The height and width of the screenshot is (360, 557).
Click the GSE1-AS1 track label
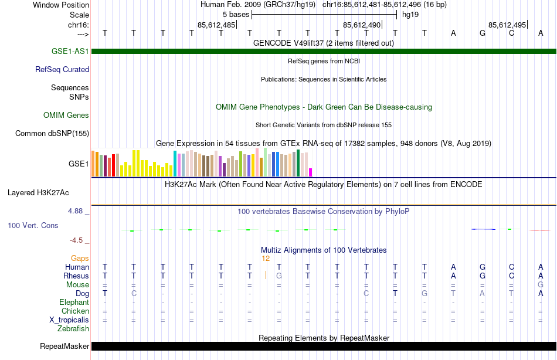pos(70,51)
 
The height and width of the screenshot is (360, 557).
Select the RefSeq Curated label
pos(62,69)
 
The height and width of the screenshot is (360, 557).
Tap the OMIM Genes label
pos(66,115)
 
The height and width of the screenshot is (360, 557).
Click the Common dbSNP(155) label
pos(52,133)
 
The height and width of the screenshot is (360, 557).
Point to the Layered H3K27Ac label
pos(38,192)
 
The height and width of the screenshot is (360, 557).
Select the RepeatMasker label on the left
pos(64,347)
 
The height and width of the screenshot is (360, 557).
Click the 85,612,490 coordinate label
pos(362,25)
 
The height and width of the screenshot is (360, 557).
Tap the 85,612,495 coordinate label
pos(507,25)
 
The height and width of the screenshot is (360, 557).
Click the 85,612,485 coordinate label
pos(216,25)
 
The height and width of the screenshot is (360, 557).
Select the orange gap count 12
pos(266,258)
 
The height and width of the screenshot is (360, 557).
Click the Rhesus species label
pos(76,276)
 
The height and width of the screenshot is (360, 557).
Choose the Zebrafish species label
pos(73,328)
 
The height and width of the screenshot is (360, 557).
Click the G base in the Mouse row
pos(541,284)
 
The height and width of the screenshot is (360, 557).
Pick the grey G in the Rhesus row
pos(279,276)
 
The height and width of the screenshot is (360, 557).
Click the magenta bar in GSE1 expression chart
pos(310,172)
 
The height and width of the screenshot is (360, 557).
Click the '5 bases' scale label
pos(236,14)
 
